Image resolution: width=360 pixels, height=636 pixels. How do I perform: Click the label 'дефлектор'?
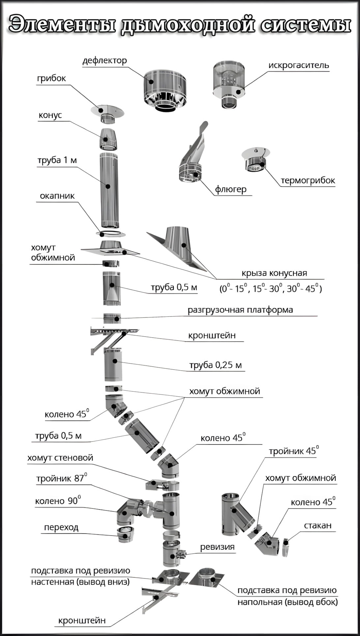105,61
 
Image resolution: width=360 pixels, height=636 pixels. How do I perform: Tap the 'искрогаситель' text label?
299,65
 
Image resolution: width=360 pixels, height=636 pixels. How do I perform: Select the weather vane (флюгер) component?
193,159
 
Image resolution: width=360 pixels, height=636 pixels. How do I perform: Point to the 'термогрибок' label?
308,180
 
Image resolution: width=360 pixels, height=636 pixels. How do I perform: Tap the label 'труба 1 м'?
57,160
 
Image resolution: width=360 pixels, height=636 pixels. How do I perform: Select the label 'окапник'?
57,196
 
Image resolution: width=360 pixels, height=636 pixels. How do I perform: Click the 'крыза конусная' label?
274,273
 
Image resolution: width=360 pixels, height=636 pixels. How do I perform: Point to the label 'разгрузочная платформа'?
240,310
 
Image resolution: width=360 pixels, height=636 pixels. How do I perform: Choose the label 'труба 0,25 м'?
215,365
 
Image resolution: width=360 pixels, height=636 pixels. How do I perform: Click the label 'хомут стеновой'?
60,458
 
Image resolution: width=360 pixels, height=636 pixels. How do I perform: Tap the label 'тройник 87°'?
62,479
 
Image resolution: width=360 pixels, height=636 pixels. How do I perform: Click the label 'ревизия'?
217,547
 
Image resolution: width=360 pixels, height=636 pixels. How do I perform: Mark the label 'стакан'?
317,525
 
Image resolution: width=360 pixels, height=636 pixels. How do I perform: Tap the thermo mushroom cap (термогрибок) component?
256,160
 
